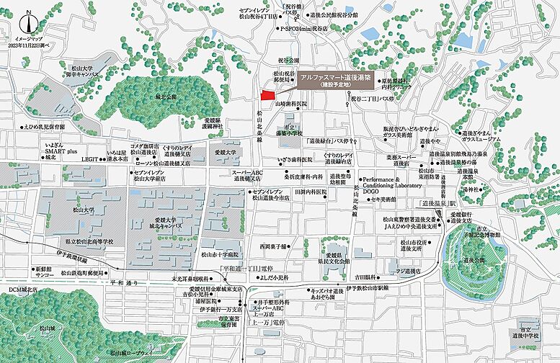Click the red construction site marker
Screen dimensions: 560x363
click(x=267, y=96)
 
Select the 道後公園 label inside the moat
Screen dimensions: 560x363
click(x=476, y=260)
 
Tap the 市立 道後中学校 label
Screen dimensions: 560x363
click(x=525, y=332)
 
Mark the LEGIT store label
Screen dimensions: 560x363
click(x=90, y=158)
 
